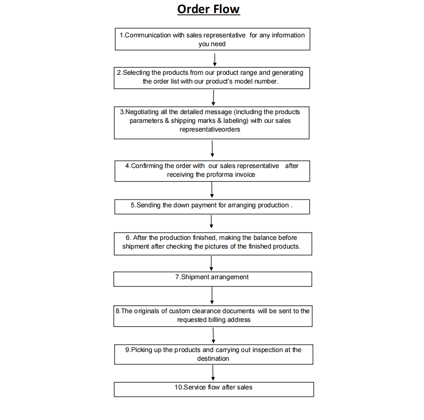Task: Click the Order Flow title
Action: click(x=208, y=9)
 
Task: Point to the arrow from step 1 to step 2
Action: click(x=215, y=60)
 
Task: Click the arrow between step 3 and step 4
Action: click(x=212, y=149)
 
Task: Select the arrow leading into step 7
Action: click(x=211, y=264)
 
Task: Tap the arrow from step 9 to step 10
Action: click(x=213, y=373)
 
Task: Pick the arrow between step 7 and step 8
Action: click(x=212, y=295)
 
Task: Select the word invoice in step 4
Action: click(x=245, y=175)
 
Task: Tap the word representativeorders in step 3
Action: click(x=210, y=130)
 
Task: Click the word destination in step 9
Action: click(x=213, y=359)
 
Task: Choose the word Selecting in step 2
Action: click(x=136, y=73)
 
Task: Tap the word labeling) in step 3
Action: click(x=236, y=121)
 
